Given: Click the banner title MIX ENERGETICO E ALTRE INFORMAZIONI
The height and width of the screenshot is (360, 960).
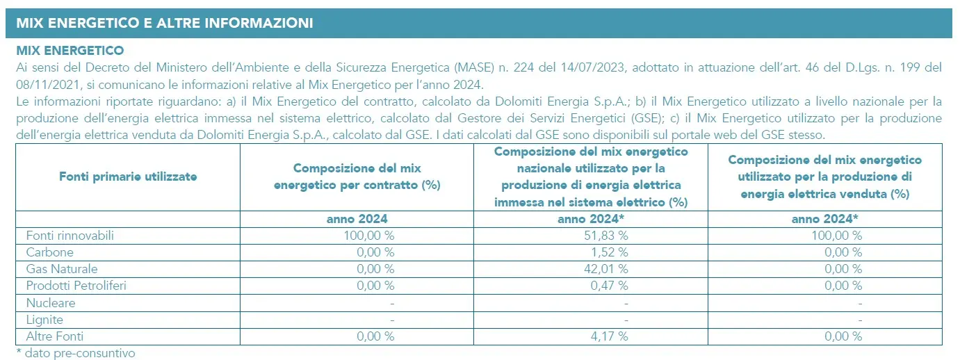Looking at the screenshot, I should pos(164,23).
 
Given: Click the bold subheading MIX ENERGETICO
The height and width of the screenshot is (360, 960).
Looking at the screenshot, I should pos(70,51).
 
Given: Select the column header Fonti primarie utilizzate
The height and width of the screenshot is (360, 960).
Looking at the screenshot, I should pos(127,177).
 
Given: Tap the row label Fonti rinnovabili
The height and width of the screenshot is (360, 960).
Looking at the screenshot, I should pos(70,236).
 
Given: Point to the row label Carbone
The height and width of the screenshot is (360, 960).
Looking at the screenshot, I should pos(49,252).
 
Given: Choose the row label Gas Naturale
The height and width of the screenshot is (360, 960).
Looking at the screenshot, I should pos(61,269).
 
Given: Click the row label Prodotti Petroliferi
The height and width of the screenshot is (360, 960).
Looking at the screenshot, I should pos(76,286).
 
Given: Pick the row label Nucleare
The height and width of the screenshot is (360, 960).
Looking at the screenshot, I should pos(51,303).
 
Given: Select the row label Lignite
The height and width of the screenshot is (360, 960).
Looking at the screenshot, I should pos(44,320).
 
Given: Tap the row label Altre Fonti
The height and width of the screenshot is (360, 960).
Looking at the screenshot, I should pos(55,336).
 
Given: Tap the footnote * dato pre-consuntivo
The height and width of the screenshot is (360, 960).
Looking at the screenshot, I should pos(75,353).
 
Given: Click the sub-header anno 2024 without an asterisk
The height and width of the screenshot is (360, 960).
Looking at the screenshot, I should pos(357,220).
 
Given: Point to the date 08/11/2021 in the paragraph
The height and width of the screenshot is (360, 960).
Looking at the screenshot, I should pos(42,85).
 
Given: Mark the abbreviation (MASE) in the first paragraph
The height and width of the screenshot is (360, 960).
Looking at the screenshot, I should pos(473,67).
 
